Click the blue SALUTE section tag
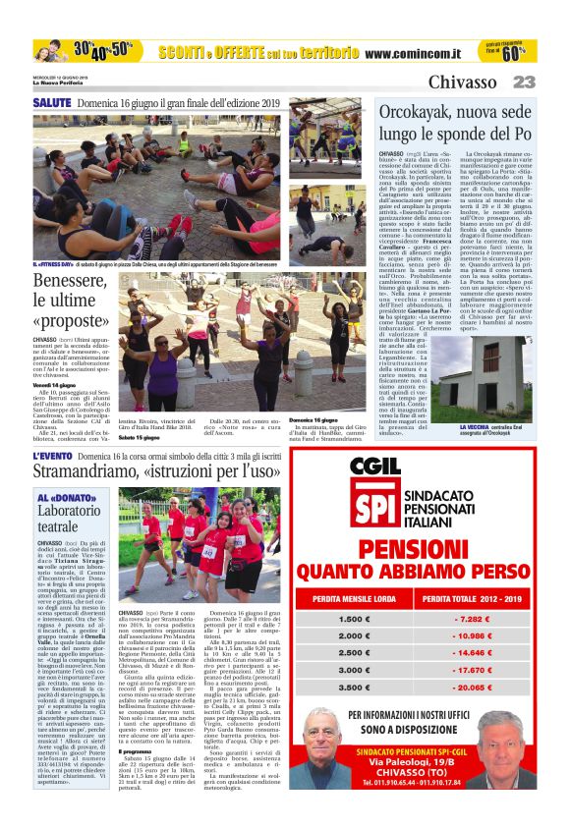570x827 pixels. pyautogui.click(x=51, y=102)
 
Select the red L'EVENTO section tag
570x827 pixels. pyautogui.click(x=51, y=458)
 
